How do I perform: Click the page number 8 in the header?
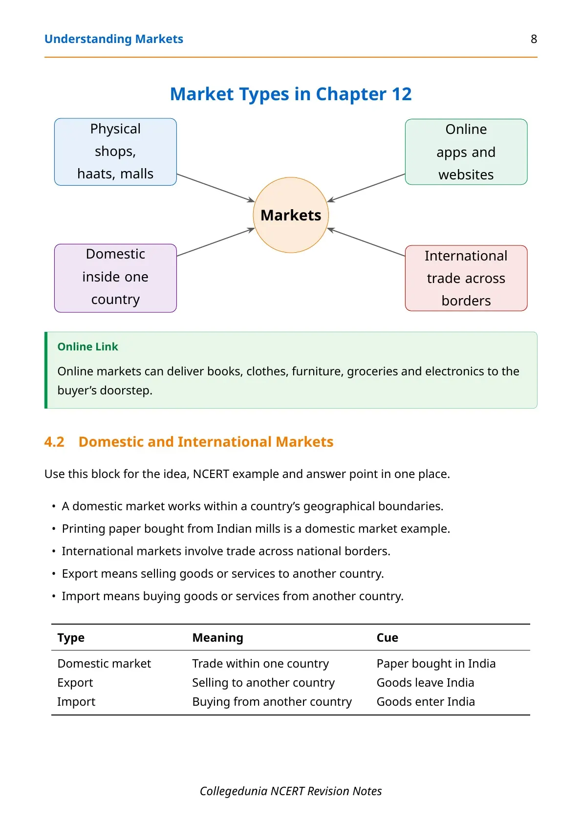534,39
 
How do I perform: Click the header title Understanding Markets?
114,39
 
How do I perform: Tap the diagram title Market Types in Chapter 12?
291,94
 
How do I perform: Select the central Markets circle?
291,215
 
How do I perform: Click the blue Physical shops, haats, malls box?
115,152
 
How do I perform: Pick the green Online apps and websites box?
466,152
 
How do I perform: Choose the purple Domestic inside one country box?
115,278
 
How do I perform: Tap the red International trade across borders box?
466,278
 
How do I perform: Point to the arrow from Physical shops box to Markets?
216,188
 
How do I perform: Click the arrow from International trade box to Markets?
366,242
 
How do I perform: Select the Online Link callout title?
87,347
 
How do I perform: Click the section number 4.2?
54,442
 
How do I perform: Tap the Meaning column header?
217,637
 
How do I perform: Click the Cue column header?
387,637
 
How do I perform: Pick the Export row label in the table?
75,683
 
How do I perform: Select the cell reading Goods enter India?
426,702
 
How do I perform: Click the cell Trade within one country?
260,664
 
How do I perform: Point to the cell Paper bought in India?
436,664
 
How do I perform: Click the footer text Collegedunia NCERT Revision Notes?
291,791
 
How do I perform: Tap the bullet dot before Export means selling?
54,574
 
